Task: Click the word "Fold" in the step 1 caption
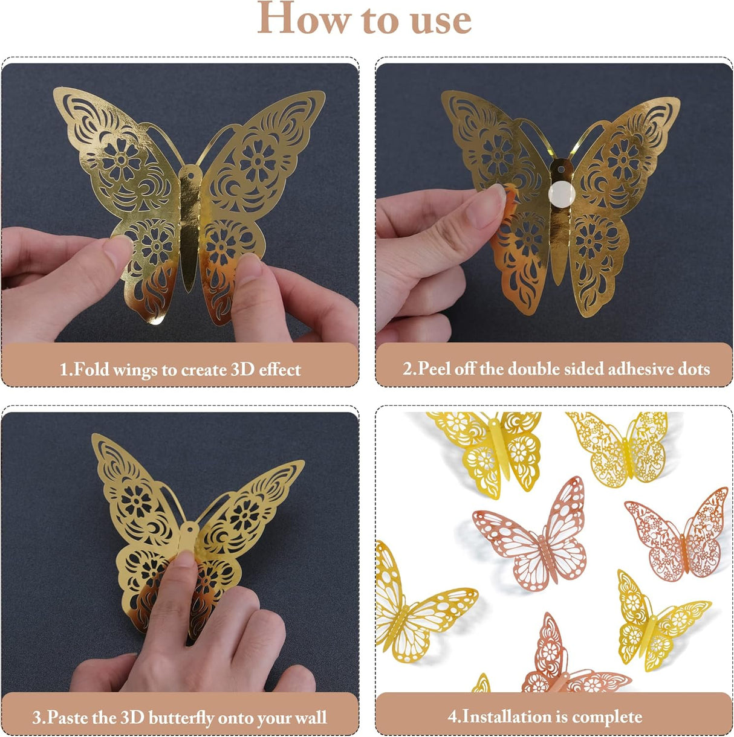(91, 369)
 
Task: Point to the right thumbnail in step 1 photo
(250, 266)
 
